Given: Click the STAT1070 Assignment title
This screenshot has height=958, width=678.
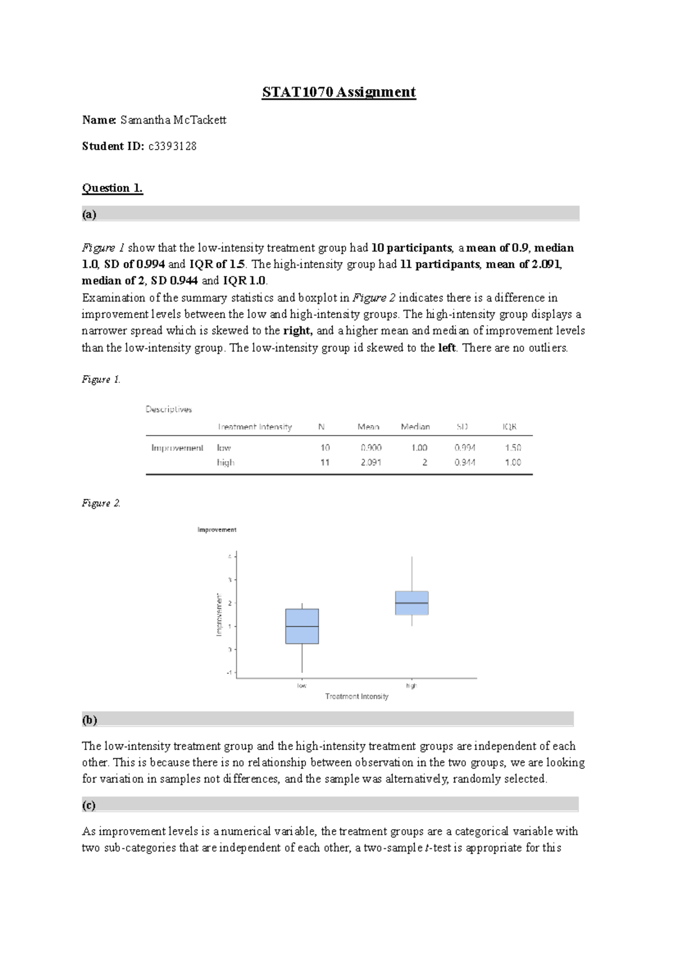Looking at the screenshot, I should click(x=338, y=92).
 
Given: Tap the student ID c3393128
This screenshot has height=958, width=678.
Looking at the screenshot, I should click(x=172, y=146).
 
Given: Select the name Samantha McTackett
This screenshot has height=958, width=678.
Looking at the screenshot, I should click(x=169, y=120).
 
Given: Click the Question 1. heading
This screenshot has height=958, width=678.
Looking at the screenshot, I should click(x=112, y=188).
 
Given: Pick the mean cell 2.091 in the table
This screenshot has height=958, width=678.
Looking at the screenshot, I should click(x=371, y=462).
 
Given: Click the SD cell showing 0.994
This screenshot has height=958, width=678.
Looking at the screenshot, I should click(x=464, y=447).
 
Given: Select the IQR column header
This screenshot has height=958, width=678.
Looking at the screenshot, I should click(x=509, y=427).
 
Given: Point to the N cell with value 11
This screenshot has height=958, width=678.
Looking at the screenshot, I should click(x=324, y=462).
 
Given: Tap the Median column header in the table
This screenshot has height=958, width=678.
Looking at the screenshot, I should click(x=415, y=427).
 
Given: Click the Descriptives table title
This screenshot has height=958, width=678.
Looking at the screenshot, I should click(x=168, y=410).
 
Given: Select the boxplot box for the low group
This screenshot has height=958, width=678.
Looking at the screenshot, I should click(x=302, y=626).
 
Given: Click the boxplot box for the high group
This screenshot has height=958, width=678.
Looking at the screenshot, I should click(x=411, y=603).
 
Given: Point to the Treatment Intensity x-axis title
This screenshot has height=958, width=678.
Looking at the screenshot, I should click(x=357, y=696).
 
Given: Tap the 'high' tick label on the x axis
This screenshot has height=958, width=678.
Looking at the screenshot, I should click(x=411, y=686).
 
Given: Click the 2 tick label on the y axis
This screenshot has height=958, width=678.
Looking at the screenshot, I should click(x=230, y=603).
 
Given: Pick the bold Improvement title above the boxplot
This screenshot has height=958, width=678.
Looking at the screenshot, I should click(x=216, y=530).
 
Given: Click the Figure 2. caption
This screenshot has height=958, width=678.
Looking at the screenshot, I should click(x=101, y=503).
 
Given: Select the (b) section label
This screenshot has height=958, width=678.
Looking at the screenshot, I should click(x=89, y=720).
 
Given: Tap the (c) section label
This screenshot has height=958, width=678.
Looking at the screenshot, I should click(x=89, y=805).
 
